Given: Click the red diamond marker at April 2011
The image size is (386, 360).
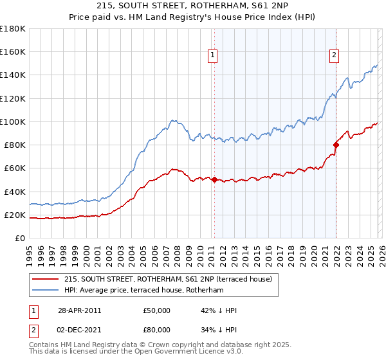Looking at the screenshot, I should point(214,180).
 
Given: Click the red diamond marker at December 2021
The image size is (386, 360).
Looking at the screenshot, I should point(335,145).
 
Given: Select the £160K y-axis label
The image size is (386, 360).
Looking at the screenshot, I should point(13,51).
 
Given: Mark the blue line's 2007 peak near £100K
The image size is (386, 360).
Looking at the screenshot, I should point(172,120).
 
